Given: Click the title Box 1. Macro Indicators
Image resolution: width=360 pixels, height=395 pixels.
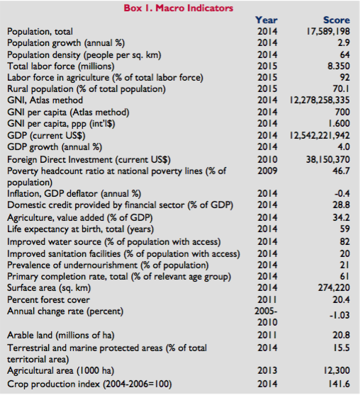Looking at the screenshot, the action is (179, 8).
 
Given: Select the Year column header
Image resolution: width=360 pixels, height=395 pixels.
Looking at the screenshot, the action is (266, 20).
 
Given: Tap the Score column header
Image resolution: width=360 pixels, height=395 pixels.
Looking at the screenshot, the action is (337, 20).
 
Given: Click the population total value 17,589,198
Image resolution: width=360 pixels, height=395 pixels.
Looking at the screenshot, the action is (328, 31).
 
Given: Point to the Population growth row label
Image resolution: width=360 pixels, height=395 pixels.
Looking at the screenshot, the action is (66, 43).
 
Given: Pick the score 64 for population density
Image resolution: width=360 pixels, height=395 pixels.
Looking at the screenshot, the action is (344, 55).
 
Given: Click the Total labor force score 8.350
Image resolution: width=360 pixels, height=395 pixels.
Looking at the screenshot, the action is (339, 66).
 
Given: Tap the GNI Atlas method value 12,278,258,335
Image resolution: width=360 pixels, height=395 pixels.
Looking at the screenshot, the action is (320, 101).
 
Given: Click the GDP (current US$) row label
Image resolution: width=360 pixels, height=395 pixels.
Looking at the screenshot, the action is (46, 135).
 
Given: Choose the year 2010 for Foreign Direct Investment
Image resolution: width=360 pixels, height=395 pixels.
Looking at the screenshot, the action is (267, 159).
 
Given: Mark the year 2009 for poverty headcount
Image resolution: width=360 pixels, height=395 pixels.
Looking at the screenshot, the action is (267, 171).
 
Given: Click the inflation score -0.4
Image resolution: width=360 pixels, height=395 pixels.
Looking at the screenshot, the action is (342, 193).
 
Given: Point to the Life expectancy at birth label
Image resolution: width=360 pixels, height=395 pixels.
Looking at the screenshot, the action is (81, 229).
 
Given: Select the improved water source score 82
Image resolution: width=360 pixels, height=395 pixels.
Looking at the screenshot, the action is (344, 241).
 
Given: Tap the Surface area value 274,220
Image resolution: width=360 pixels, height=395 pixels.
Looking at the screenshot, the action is (334, 287).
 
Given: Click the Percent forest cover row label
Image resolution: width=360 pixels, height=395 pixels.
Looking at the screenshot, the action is (48, 299).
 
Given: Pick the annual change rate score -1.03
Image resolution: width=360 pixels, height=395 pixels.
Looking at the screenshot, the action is (339, 315).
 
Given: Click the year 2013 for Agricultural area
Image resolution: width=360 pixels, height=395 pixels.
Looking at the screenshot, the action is (267, 370).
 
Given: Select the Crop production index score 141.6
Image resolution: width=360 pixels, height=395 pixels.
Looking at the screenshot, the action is (339, 384).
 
